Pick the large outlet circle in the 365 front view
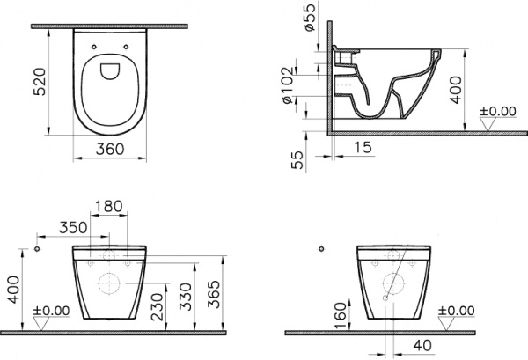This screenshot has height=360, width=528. [x=108, y=284]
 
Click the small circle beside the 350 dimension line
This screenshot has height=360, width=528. [x=38, y=250]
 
